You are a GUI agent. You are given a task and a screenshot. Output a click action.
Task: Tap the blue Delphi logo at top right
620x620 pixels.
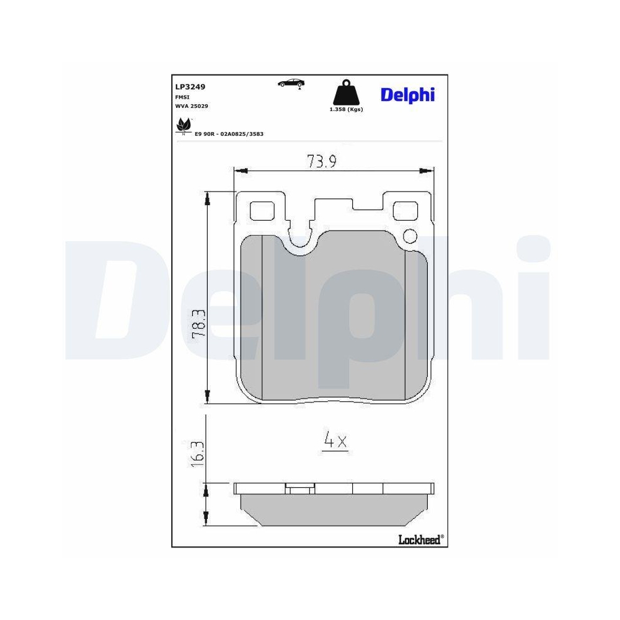(407, 94)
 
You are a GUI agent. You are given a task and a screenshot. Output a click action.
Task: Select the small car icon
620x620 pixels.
(291, 83)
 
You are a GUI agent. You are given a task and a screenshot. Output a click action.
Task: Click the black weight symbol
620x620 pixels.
(345, 94)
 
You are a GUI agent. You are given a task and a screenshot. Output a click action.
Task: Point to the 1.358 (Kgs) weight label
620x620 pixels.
(345, 109)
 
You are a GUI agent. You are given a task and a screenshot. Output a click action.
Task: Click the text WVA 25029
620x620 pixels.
(192, 107)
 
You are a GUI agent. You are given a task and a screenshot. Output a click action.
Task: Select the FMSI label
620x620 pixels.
(182, 97)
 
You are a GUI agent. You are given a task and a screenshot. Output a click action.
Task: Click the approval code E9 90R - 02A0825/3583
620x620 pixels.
(229, 134)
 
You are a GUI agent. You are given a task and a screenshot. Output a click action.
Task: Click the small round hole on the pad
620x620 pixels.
(410, 236)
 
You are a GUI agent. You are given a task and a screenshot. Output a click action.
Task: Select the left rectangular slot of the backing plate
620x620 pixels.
(263, 211)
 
